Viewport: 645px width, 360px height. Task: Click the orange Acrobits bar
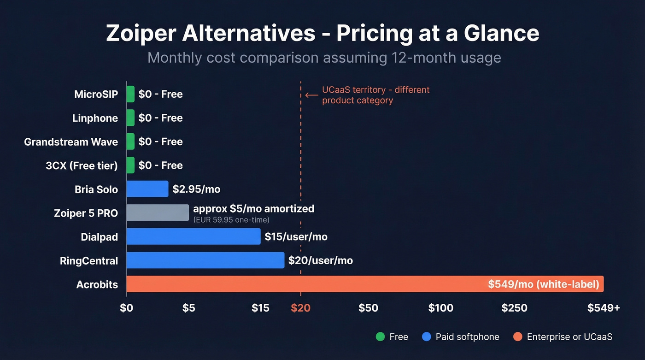364,284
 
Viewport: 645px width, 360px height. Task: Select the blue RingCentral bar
205,260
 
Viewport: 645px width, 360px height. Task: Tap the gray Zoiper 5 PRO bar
158,212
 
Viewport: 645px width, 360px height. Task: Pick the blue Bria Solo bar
147,189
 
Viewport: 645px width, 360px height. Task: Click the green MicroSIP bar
130,94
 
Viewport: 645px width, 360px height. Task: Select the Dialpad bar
193,236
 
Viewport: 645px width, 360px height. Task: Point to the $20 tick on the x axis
300,308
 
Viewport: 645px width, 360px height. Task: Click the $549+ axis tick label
603,308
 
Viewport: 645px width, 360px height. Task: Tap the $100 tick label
440,308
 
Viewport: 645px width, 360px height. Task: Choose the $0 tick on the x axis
126,308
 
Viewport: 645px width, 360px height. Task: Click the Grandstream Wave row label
71,142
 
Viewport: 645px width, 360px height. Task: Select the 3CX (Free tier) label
82,166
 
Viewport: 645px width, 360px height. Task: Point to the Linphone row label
95,118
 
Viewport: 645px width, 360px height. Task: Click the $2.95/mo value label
197,189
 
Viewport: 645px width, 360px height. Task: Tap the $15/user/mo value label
296,237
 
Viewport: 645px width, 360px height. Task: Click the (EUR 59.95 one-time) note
231,220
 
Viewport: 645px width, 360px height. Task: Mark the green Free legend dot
380,337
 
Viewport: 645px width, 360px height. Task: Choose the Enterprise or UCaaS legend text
569,337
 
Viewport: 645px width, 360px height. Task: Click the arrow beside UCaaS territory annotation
312,95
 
